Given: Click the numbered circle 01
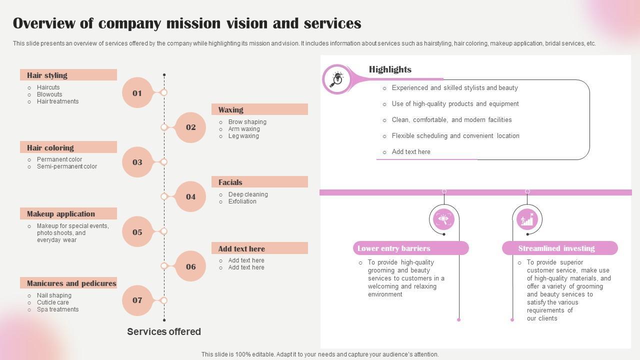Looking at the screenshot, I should click(x=137, y=93).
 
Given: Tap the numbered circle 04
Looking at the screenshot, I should click(x=191, y=196).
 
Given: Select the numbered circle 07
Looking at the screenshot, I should click(x=137, y=300).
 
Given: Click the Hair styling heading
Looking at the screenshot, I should click(x=47, y=75).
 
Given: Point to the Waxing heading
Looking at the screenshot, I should click(x=230, y=110).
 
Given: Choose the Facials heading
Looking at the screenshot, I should click(x=230, y=182).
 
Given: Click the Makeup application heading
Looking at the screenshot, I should click(x=60, y=214).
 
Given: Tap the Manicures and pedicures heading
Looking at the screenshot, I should click(x=71, y=283).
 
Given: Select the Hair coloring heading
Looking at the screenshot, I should click(x=50, y=148).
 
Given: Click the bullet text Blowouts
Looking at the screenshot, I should click(x=49, y=94).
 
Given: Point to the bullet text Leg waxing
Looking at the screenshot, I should click(x=243, y=136).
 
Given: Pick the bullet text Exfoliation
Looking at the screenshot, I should click(x=242, y=201).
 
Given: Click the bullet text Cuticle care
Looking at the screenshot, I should click(x=53, y=302).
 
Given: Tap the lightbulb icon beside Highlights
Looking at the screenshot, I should click(x=337, y=78).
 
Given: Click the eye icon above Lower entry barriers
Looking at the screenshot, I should click(x=443, y=219).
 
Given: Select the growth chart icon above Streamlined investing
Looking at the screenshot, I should click(x=527, y=219).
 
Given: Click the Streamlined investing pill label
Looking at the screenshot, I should click(x=556, y=248).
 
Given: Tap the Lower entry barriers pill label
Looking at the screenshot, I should click(x=394, y=248).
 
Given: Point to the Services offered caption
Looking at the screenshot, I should click(x=164, y=331).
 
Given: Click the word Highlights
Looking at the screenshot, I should click(x=390, y=69).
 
